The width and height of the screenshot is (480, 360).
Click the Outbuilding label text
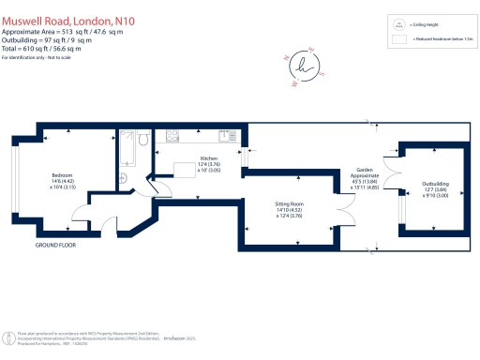tap(435, 186)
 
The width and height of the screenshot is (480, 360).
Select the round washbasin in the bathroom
tap(125, 178)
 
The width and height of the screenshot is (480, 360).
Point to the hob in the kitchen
tap(173, 136)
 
